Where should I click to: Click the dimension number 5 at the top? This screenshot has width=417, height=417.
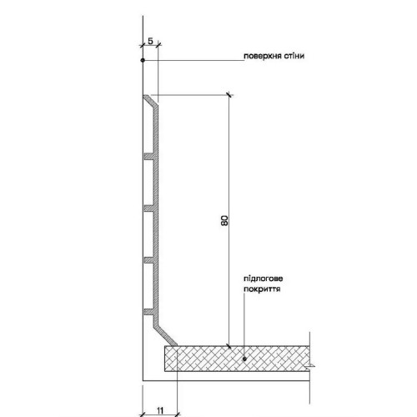tap(150, 41)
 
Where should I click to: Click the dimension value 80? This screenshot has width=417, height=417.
tap(225, 220)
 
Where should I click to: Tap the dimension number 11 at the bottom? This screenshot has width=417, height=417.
tap(160, 410)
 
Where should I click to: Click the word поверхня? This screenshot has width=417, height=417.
tap(263, 56)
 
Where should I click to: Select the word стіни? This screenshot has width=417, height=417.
tap(294, 56)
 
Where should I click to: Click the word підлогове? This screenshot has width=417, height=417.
tap(264, 279)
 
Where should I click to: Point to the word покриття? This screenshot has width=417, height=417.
tap(262, 289)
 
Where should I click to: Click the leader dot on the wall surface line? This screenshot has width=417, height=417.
tap(143, 60)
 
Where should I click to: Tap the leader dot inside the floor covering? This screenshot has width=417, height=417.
tap(244, 359)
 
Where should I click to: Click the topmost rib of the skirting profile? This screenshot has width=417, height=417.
tap(148, 156)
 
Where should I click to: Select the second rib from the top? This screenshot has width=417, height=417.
tap(148, 208)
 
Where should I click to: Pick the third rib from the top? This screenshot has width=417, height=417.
tap(148, 260)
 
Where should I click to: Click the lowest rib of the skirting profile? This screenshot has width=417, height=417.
tap(148, 312)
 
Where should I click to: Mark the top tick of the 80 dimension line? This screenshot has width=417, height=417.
tap(229, 95)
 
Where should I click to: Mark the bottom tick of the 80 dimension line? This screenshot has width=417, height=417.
tap(229, 346)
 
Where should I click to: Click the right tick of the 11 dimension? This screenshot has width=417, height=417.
tap(177, 414)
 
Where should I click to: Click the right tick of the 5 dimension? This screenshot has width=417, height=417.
tap(158, 44)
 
